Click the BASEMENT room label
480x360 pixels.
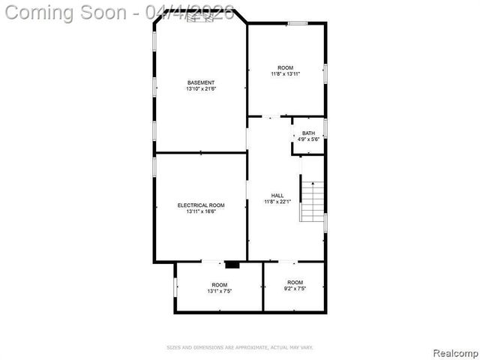tap(201, 82)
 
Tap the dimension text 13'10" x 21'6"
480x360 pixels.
tap(201, 89)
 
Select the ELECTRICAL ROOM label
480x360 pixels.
tap(201, 205)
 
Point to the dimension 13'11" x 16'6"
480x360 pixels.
tap(201, 211)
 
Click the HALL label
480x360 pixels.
tap(277, 195)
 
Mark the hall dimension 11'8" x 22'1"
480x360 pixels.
tap(277, 202)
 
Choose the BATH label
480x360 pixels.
tap(308, 133)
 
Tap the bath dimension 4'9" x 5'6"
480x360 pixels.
tap(308, 139)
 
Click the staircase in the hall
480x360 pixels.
tap(311, 199)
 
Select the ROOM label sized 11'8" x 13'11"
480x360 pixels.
tap(286, 67)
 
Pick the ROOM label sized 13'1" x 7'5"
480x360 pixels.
tap(219, 284)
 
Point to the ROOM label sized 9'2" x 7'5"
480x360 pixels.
tap(294, 282)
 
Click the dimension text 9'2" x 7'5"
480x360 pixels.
tap(294, 289)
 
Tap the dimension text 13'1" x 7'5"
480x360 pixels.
tap(219, 291)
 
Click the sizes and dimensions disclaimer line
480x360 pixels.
tap(239, 347)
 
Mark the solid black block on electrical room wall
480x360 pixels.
tap(232, 264)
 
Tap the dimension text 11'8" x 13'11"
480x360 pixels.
tap(286, 74)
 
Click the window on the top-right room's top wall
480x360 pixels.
tap(297, 23)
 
